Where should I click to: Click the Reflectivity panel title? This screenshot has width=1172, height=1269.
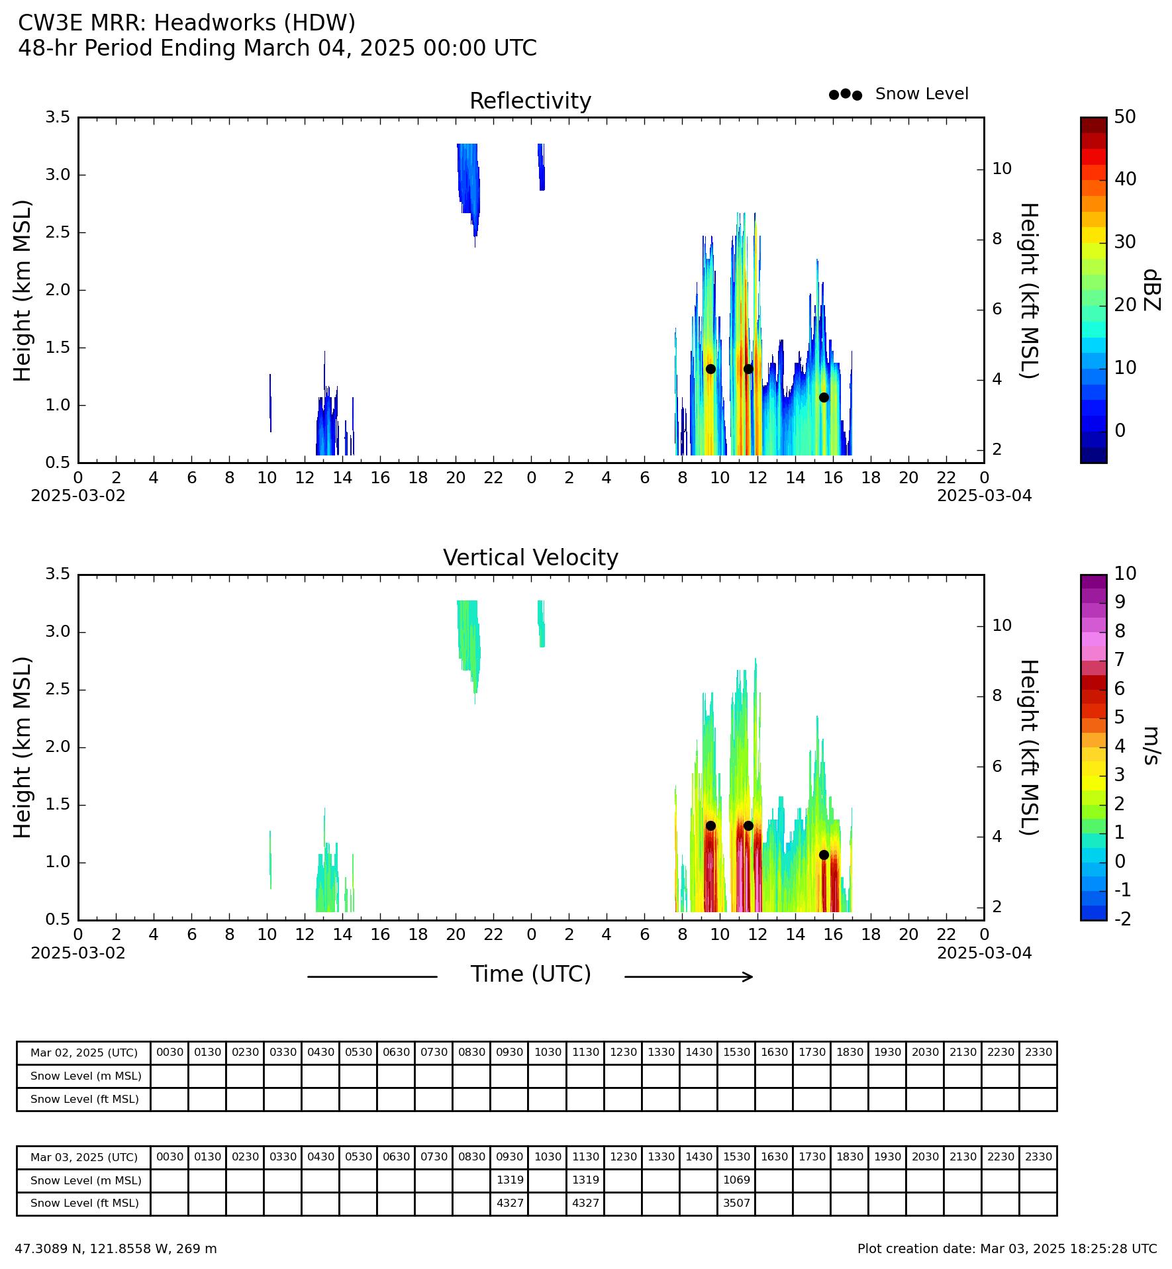pos(530,101)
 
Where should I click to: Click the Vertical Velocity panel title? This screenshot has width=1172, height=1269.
pos(530,558)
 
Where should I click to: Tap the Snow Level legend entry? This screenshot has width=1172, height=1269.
pos(898,94)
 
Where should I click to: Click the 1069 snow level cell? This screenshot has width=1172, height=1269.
pos(736,1180)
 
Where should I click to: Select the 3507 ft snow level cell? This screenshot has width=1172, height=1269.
pos(736,1203)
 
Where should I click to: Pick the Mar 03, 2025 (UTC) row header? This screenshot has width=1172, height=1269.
pos(84,1157)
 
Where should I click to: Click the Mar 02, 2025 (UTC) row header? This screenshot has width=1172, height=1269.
pos(84,1053)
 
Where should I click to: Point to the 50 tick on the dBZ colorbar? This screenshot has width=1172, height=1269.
pos(1125,117)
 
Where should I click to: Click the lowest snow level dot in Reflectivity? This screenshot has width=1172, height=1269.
pos(824,397)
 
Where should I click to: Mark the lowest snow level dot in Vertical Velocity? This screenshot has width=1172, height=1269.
pos(824,855)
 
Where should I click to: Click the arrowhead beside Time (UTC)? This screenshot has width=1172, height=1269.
pos(749,976)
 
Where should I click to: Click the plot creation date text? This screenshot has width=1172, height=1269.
pos(1007,1248)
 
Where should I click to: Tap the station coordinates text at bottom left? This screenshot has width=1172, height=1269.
pos(116,1248)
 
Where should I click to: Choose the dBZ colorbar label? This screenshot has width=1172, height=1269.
pos(1152,290)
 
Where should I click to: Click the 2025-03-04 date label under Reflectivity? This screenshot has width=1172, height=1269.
pos(984,495)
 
